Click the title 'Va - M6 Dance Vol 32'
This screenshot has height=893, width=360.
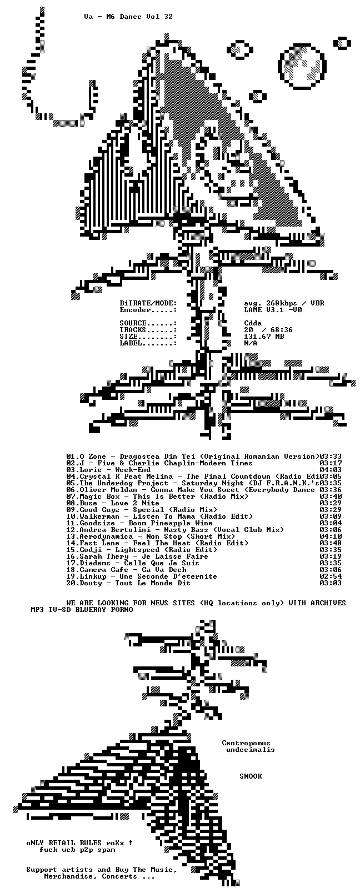[x=128, y=17]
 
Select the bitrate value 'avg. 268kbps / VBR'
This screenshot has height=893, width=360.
[x=284, y=303]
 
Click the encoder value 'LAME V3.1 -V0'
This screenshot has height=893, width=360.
[x=273, y=310]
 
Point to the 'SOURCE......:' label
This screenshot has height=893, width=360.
[x=148, y=323]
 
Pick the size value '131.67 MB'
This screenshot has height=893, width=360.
[x=264, y=337]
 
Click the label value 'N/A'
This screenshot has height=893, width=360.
[x=251, y=343]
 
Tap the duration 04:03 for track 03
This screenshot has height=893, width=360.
[x=331, y=470]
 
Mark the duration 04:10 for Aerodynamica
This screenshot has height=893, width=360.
[x=331, y=536]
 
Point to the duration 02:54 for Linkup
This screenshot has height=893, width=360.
[x=331, y=576]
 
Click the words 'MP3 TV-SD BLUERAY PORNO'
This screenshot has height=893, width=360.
[x=82, y=610]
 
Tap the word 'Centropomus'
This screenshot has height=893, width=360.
[x=246, y=743]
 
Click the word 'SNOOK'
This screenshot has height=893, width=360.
[x=251, y=776]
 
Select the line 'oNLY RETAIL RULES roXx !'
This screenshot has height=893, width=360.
[x=79, y=843]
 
